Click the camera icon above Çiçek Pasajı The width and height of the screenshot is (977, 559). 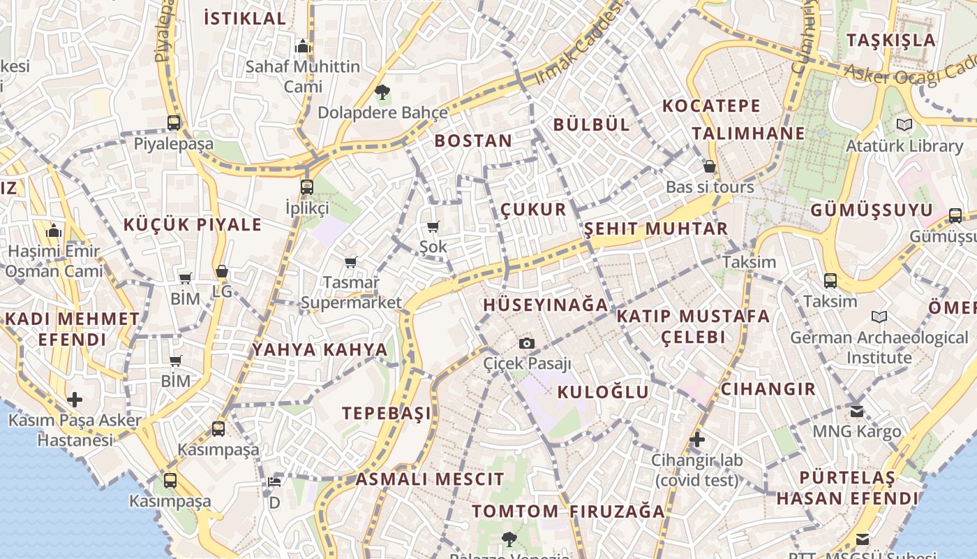click(x=527, y=343)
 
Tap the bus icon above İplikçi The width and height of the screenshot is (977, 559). click(x=306, y=187)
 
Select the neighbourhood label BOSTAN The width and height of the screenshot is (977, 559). click(x=473, y=140)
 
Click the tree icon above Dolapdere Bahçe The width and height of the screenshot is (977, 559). click(x=382, y=92)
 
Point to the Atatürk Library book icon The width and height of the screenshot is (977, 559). click(x=904, y=125)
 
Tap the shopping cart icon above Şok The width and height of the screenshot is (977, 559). click(x=433, y=226)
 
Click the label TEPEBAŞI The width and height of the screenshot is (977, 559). click(x=387, y=413)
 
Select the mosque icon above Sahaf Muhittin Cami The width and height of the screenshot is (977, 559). click(x=303, y=46)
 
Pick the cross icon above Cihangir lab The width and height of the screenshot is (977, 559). click(x=696, y=440)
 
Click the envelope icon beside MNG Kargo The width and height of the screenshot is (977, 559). click(x=857, y=411)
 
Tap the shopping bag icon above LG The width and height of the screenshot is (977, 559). click(x=222, y=271)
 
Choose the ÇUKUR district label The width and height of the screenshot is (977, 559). click(x=533, y=210)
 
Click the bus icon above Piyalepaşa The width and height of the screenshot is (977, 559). click(x=174, y=123)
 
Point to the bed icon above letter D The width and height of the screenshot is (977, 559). click(x=274, y=482)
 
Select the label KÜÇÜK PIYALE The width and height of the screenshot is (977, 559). click(x=193, y=225)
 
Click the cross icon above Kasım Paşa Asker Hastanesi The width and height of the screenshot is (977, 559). click(x=75, y=400)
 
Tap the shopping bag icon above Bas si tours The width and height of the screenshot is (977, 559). click(x=710, y=166)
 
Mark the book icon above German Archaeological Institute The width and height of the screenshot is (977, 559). click(x=879, y=317)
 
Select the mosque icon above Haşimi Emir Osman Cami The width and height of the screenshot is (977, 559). click(x=54, y=231)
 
